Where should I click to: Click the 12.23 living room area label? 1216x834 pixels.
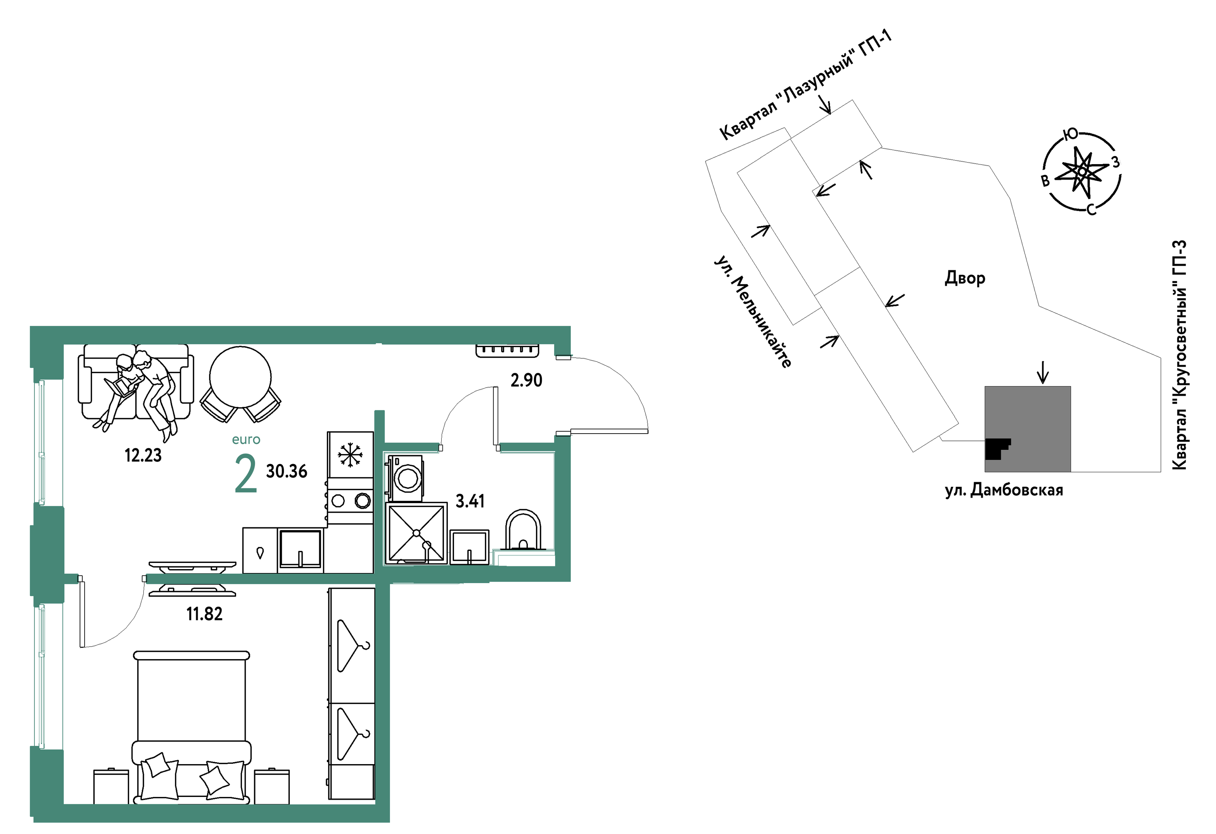point(143,456)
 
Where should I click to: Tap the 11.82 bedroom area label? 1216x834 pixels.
point(204,614)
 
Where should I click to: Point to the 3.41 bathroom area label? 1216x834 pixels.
point(470,502)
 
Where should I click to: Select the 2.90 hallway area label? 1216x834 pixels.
point(526,380)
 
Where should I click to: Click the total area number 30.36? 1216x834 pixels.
point(287,471)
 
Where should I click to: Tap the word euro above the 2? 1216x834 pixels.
point(246,440)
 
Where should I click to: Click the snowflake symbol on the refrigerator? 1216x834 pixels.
point(350,454)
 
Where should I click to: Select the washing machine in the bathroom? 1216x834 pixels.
point(405,477)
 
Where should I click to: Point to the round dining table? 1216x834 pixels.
point(241,377)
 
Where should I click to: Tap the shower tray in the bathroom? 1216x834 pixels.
point(417,533)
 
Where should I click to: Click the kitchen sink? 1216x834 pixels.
point(300,549)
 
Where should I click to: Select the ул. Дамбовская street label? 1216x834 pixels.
point(1003,490)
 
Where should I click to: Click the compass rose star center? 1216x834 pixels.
point(1082,171)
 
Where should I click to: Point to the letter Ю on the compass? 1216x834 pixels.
point(1071,134)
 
